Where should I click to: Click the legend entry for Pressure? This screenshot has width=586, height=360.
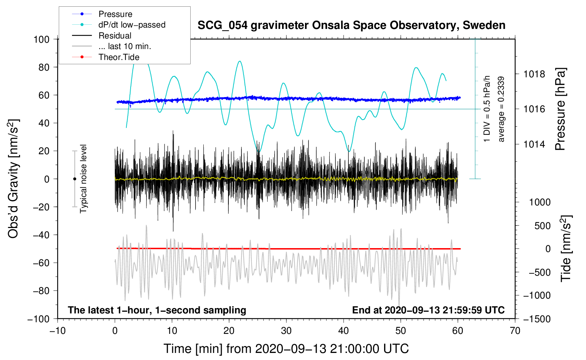115,14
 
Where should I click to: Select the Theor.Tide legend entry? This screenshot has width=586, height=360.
119,57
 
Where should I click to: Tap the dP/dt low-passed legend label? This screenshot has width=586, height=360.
132,25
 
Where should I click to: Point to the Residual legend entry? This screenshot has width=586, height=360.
115,36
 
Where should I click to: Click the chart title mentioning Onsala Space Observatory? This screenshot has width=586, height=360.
351,25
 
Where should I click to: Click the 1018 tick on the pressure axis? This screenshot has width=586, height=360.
534,74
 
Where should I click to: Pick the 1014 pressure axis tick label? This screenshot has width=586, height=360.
534,144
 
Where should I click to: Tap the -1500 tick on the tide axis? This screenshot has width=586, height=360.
537,319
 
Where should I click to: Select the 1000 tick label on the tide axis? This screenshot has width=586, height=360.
539,202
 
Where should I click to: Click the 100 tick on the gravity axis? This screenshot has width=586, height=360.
41,39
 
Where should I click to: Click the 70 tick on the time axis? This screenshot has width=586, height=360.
515,331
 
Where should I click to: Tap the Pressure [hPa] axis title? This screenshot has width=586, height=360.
560,109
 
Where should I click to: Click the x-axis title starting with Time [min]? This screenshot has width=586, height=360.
286,349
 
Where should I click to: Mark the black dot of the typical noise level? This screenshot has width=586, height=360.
74,179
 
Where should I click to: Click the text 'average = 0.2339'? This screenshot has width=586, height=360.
501,109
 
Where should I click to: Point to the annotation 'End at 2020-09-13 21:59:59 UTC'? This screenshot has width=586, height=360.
428,310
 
